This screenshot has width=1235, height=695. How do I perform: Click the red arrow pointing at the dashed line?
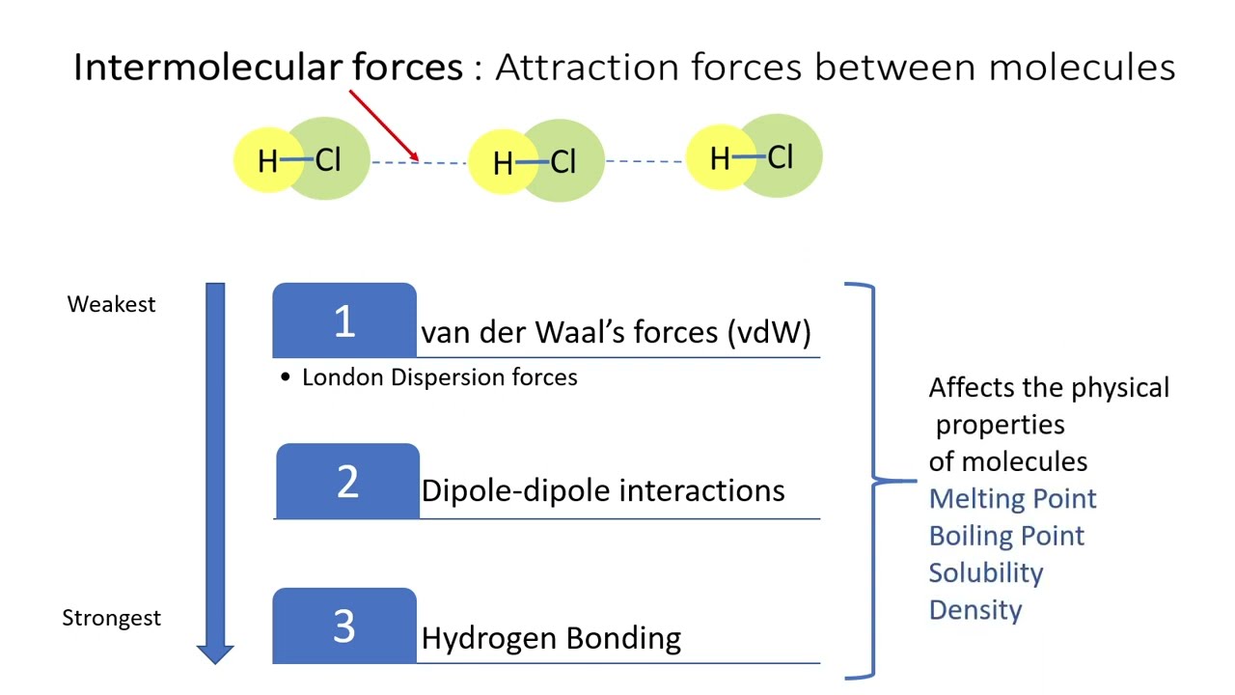tap(383, 125)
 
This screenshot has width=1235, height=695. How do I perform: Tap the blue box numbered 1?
tap(344, 320)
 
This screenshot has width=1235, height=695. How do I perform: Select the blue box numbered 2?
tap(347, 481)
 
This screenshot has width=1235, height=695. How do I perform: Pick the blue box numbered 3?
tap(344, 625)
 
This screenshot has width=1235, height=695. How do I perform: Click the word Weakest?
tap(111, 304)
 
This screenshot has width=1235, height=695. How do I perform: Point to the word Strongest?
tap(111, 618)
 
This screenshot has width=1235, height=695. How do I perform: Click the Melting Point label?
tap(1012, 499)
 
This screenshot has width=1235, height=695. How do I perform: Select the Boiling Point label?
tap(1006, 536)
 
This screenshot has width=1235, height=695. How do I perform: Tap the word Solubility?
tap(985, 572)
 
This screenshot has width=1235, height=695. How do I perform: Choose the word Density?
tap(974, 610)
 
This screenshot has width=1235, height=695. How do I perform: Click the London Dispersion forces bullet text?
tap(439, 377)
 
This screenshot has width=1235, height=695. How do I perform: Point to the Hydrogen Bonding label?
tap(551, 638)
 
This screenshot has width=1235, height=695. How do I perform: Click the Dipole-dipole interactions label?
tap(603, 490)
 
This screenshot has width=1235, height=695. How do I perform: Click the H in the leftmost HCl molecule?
tap(267, 161)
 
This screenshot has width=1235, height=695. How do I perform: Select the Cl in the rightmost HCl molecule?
tap(781, 156)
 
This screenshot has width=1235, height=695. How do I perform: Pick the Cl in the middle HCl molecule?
tap(563, 162)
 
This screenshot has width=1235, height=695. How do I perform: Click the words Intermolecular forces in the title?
tap(268, 67)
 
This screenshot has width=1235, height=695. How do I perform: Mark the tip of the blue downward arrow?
tap(215, 662)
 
